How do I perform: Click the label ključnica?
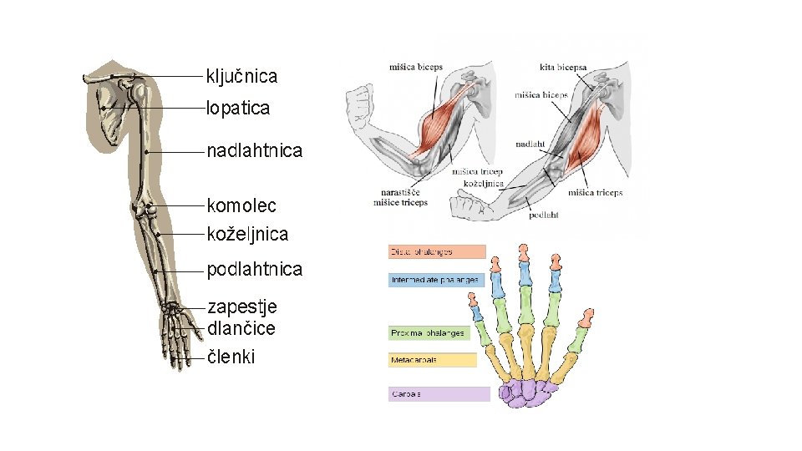tap(241, 77)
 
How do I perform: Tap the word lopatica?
tap(239, 108)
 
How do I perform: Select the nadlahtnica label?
tap(254, 151)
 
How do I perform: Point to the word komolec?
tap(241, 205)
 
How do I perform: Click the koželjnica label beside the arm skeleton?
tap(248, 235)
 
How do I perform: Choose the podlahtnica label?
tap(254, 270)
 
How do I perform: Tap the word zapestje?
tap(242, 307)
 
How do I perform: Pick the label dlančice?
tap(241, 328)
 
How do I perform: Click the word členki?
tap(231, 357)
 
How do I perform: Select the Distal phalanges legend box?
tap(437, 251)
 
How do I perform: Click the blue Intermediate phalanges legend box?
tap(437, 280)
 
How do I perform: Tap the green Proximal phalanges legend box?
tap(429, 332)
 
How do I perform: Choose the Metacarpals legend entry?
tap(432, 360)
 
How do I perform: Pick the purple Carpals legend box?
tap(439, 393)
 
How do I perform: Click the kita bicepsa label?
tap(563, 67)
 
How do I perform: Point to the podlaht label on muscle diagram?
tap(543, 215)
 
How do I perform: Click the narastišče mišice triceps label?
tap(400, 197)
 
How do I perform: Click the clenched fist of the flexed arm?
tap(360, 104)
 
